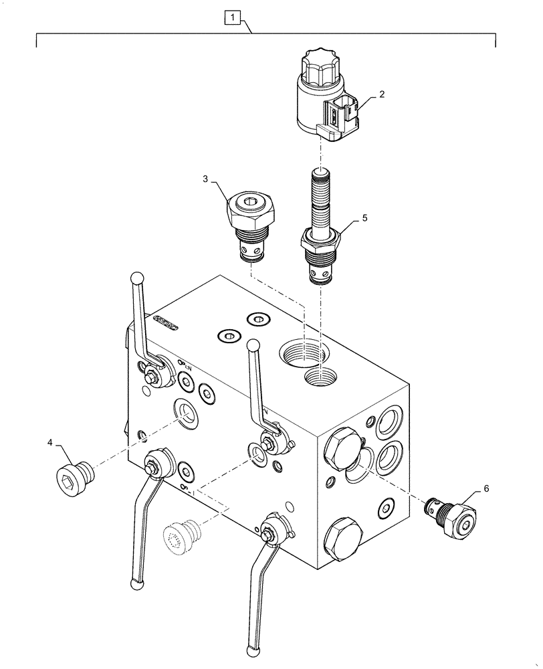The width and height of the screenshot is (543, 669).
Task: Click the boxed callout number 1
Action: coord(231,16)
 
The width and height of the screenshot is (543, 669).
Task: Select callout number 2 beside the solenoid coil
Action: coord(381,95)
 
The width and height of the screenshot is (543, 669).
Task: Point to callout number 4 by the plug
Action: coord(49,442)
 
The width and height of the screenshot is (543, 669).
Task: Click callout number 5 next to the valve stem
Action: coord(364,218)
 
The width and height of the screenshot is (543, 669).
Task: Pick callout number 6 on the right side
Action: coord(485,489)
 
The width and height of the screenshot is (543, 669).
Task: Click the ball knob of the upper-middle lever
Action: coord(253,345)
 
